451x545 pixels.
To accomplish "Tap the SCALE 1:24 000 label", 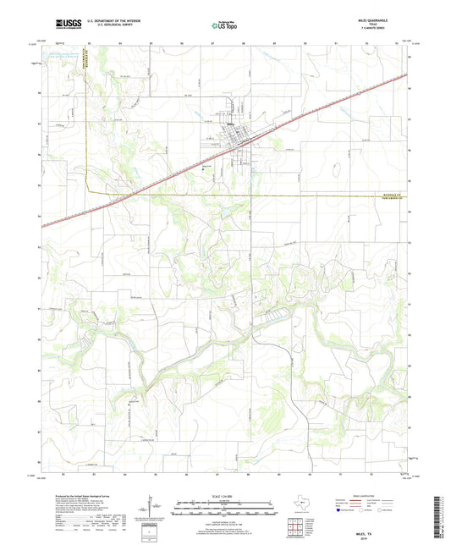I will (225, 498).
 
